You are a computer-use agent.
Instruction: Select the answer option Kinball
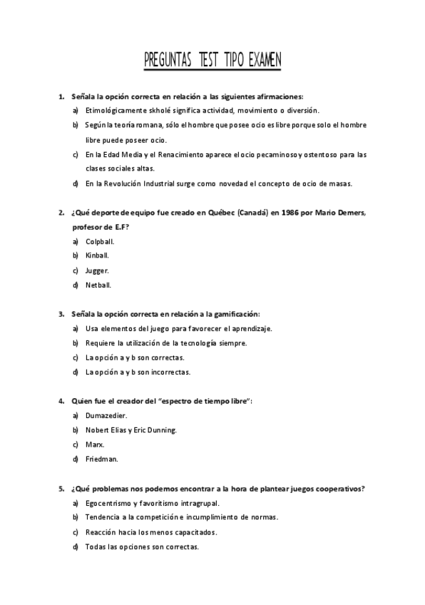pos(96,255)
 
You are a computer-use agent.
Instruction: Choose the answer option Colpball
pos(99,241)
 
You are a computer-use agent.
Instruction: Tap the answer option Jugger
pos(97,270)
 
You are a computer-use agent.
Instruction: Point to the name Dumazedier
pos(106,415)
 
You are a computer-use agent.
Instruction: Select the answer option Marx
pos(94,444)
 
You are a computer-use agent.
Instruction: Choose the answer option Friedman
pos(101,459)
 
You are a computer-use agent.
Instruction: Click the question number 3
pos(61,313)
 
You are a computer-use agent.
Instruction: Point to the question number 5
pos(61,489)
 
